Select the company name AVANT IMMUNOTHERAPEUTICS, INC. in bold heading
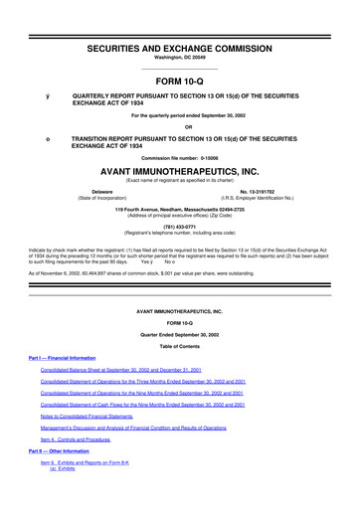pyautogui.click(x=180, y=171)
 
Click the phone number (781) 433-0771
pyautogui.click(x=180, y=225)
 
